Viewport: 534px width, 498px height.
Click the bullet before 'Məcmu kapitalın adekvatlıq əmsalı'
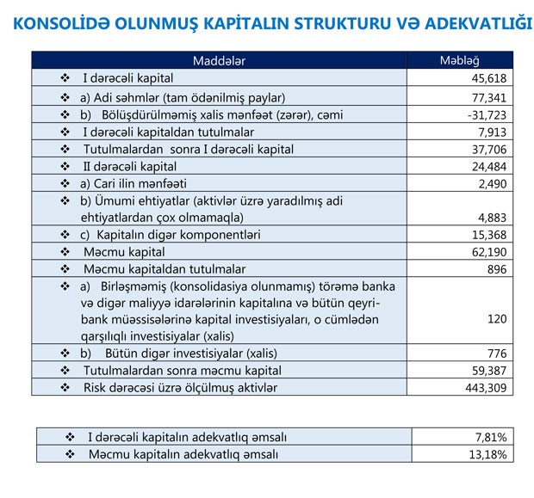pos(71,453)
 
